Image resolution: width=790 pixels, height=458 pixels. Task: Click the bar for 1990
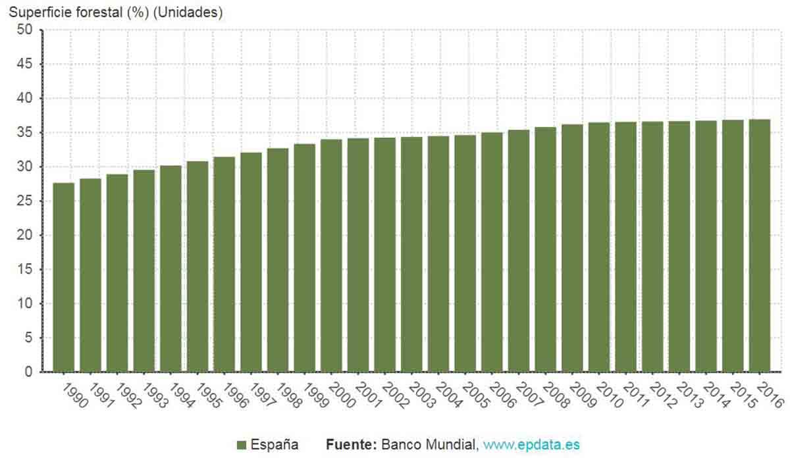[64, 277]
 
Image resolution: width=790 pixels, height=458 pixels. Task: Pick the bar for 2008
[545, 249]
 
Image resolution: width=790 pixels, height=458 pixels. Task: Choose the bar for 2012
[652, 247]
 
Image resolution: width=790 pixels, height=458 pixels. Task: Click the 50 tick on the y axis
[24, 30]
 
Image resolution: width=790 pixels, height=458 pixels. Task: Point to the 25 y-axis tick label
[24, 201]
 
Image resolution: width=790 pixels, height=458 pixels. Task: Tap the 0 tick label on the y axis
[28, 372]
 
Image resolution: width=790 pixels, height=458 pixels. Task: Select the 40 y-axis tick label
[24, 98]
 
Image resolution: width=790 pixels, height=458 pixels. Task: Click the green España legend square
[242, 445]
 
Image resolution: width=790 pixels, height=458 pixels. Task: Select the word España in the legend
[274, 445]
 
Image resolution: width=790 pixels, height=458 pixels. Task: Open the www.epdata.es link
[531, 445]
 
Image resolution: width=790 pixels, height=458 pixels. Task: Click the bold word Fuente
[351, 445]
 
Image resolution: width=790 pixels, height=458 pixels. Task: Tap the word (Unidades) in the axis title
[188, 12]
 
